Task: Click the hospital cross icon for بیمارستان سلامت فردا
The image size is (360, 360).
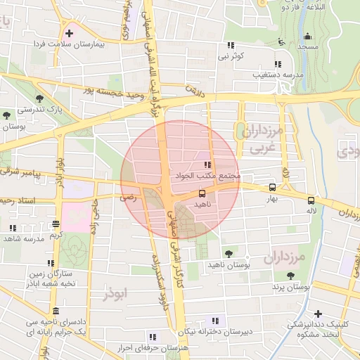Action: pos(70,33)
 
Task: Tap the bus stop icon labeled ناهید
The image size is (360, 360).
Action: pos(202,193)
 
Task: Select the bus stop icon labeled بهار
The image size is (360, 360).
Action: pos(272,187)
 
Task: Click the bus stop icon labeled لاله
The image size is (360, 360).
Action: pos(311,200)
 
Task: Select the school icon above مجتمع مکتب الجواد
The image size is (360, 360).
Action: pos(207,165)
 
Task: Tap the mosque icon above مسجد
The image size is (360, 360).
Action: pos(307,37)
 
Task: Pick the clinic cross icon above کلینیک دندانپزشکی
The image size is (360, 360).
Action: pos(319,314)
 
